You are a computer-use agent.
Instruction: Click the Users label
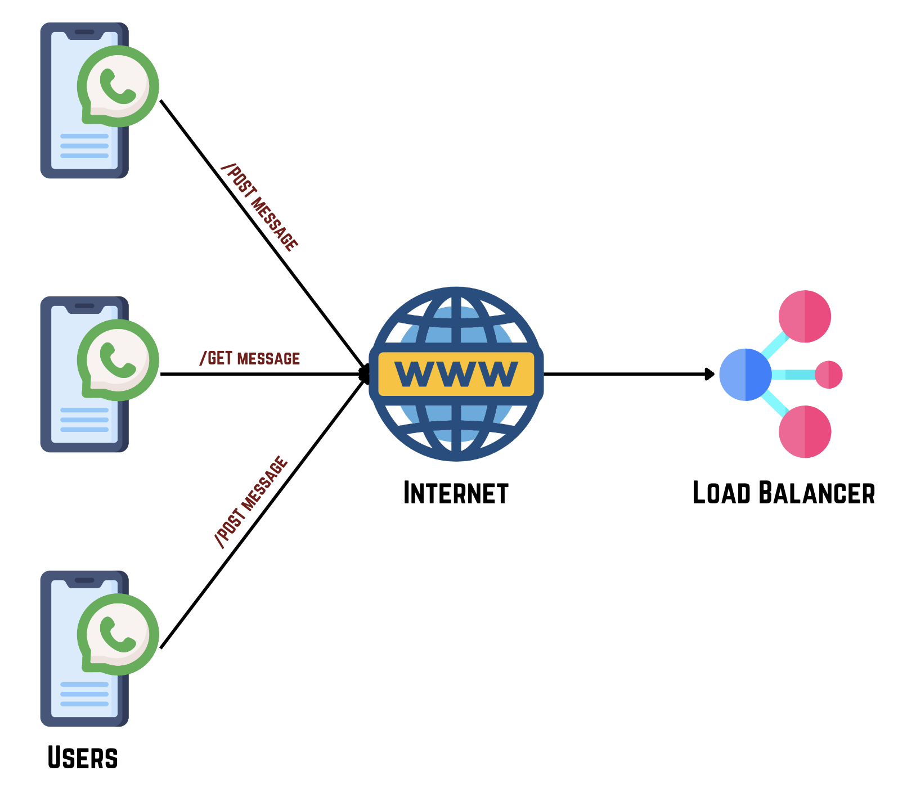pos(83,758)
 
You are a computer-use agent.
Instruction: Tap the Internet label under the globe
pos(456,493)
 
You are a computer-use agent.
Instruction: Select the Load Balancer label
pos(783,493)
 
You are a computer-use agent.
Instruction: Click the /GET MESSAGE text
pos(250,358)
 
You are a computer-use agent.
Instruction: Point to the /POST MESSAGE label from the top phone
pos(259,207)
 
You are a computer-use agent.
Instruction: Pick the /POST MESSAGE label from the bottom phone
pos(252,501)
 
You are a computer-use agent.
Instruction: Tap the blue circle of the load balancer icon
pos(745,375)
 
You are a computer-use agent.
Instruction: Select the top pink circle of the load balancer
pos(805,316)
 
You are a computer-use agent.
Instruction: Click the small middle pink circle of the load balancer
pos(828,375)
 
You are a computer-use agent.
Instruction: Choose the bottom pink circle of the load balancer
pos(805,431)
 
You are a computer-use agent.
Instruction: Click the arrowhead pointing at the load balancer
pos(710,374)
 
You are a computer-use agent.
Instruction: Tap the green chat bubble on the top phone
pos(118,85)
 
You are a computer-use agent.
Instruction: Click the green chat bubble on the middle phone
pos(118,360)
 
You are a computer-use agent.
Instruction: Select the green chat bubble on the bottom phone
pos(118,634)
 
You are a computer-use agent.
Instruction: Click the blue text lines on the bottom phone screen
pos(84,694)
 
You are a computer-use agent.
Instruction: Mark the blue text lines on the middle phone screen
pos(84,420)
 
